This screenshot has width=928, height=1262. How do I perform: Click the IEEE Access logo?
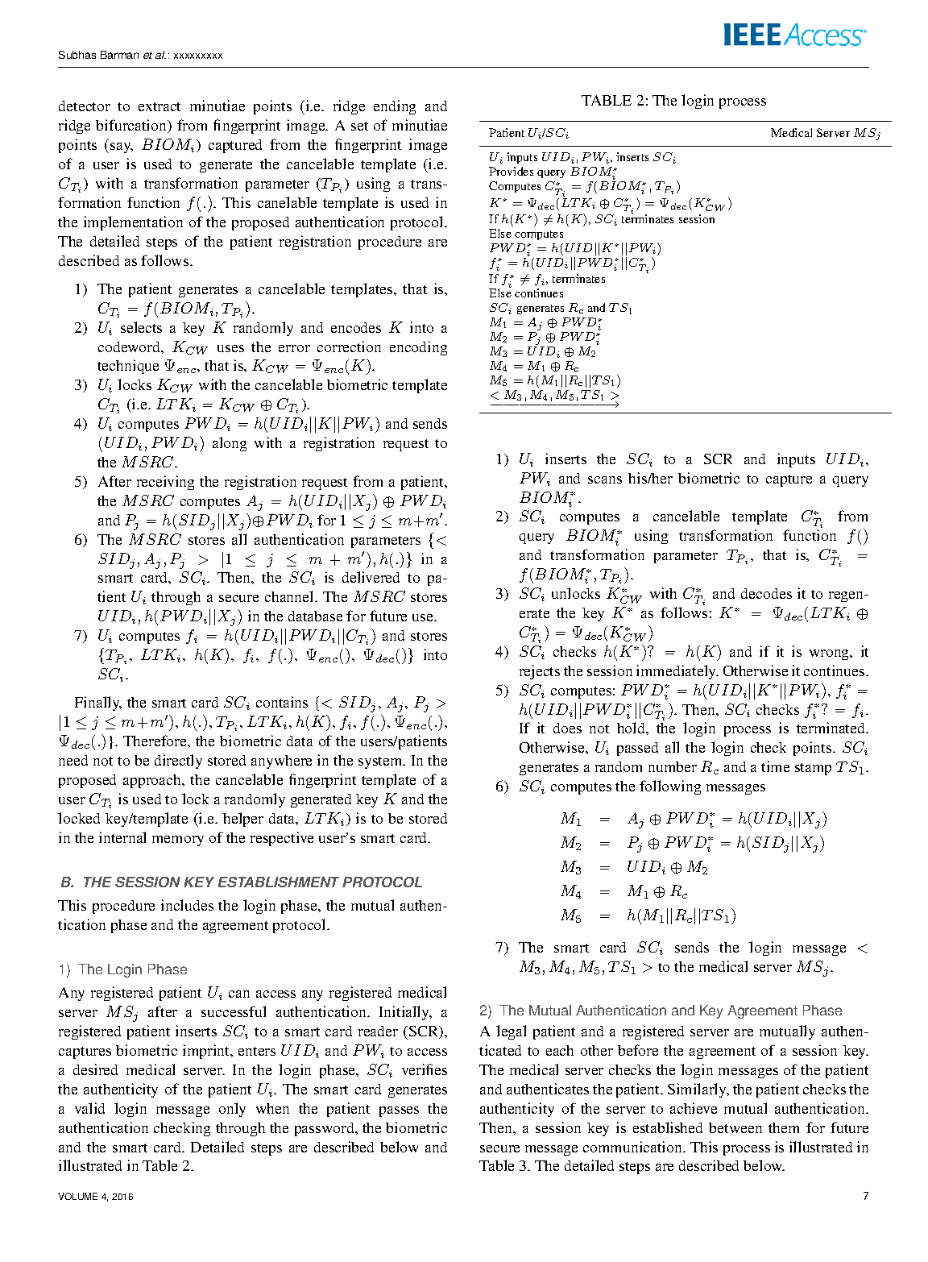pos(793,35)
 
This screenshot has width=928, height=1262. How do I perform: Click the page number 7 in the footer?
pos(865,1196)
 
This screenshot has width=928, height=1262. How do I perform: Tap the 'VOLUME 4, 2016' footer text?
pos(95,1197)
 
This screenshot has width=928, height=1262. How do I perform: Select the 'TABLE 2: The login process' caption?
pos(673,101)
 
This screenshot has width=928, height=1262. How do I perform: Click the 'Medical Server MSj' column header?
pos(825,133)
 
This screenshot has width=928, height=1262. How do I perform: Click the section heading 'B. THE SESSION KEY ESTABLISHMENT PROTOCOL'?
pos(241,882)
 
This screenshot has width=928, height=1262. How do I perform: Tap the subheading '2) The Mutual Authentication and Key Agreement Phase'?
pos(661,1011)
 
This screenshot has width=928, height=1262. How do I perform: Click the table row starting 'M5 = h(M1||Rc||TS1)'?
pos(554,380)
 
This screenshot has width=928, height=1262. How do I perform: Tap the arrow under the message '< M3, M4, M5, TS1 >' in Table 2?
pos(554,405)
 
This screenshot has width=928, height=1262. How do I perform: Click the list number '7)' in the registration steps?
pos(81,636)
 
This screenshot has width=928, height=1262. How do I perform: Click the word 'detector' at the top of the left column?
pos(84,106)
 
